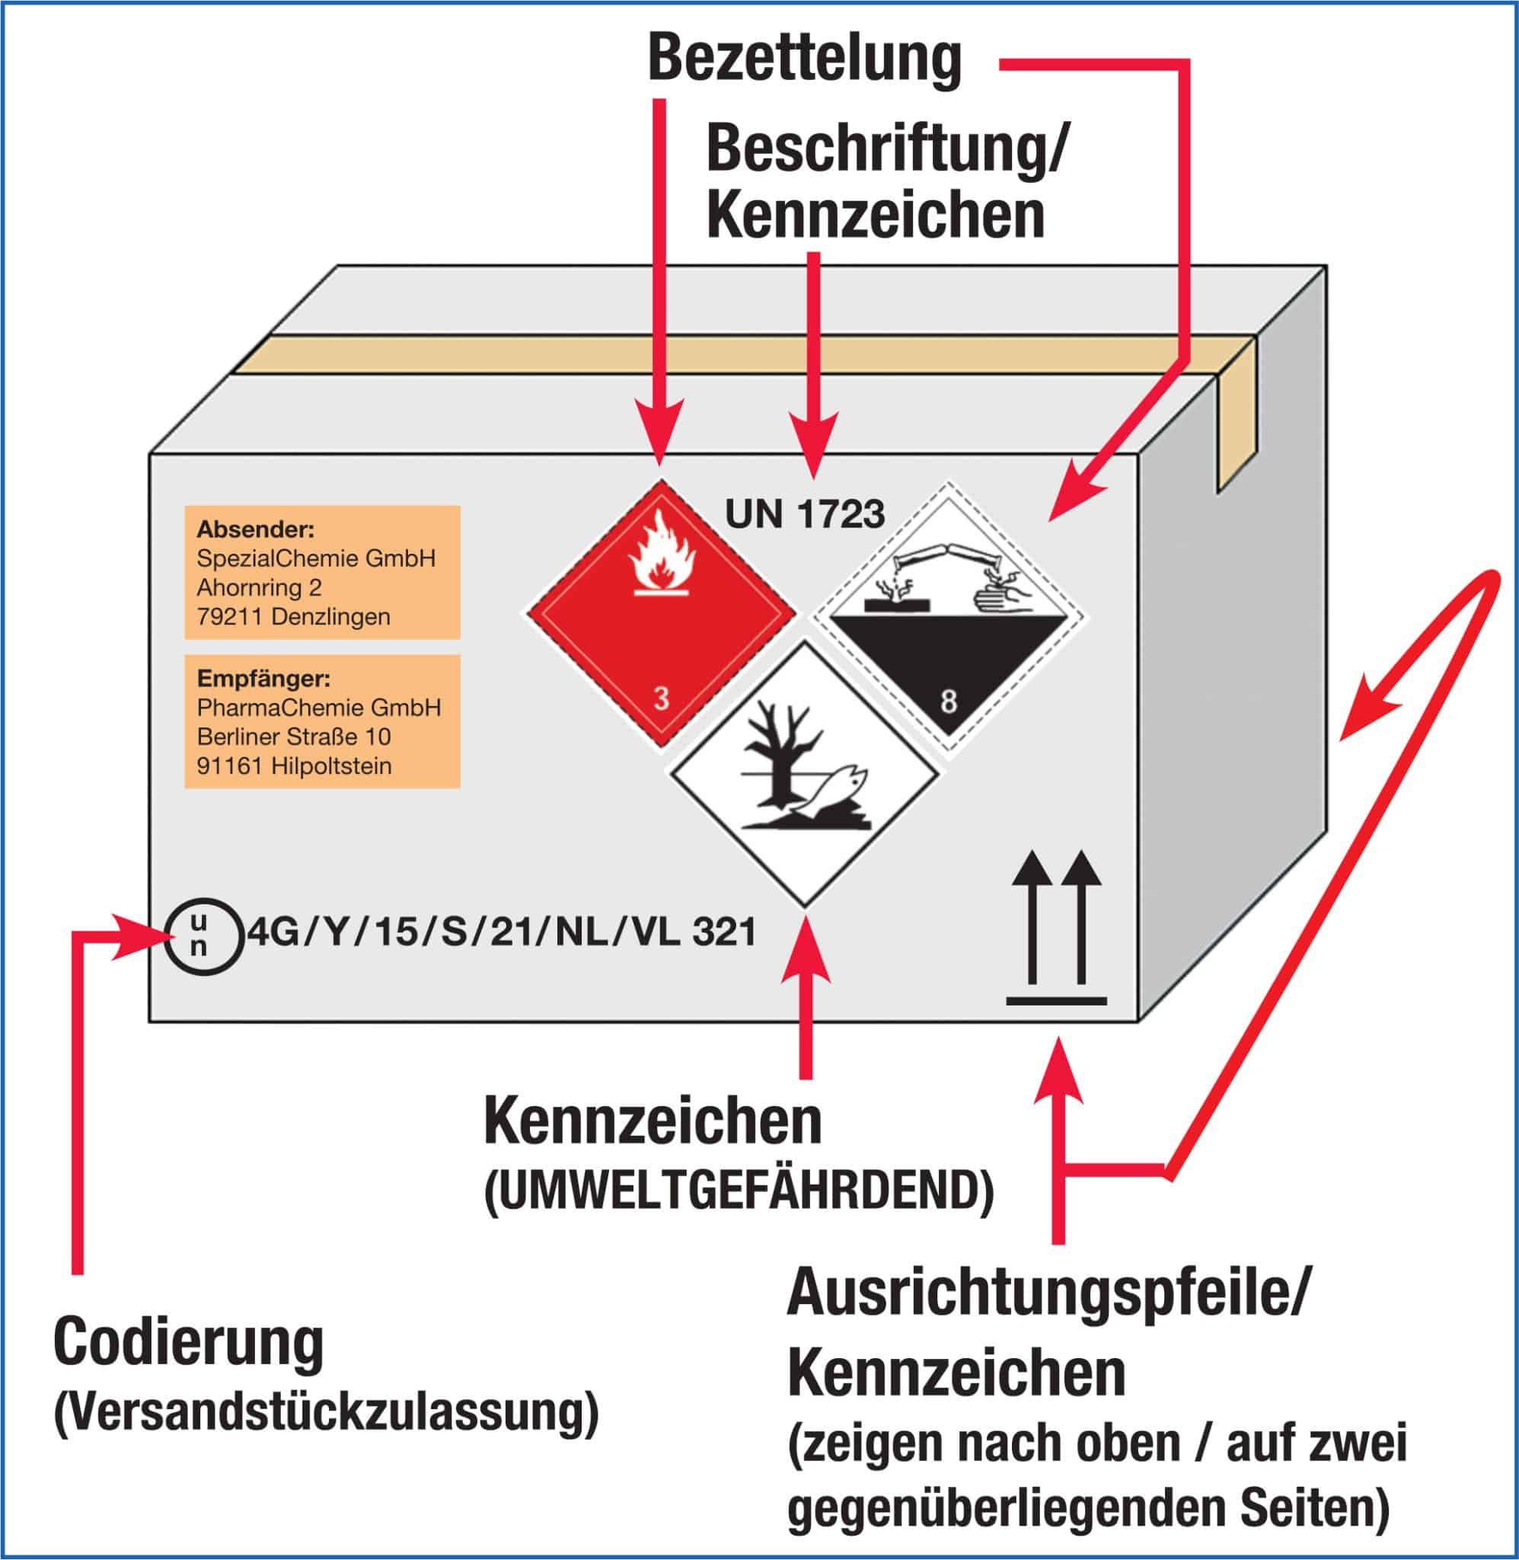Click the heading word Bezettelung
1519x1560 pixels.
pos(804,59)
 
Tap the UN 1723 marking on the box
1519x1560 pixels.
pos(804,514)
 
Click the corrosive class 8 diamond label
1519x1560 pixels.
pos(949,621)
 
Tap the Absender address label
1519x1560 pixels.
pos(322,572)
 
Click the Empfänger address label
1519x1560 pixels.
pos(322,721)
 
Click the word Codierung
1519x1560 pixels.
pos(189,1343)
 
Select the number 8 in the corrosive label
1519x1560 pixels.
pos(948,702)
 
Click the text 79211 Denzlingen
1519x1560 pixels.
pos(294,617)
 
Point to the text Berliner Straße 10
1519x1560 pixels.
pos(294,737)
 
